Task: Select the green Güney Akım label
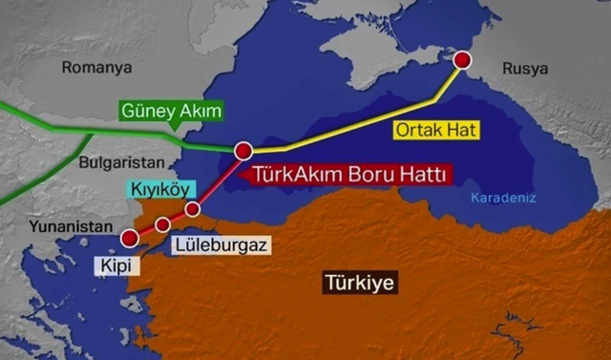pos(171,111)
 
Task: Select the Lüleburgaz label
pos(221,244)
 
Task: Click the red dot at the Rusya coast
pos(462,60)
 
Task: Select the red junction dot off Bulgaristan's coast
pos(242,150)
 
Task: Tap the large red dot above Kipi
pos(130,238)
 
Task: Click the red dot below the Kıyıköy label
pos(193,208)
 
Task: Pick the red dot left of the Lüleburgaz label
pos(162,223)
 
